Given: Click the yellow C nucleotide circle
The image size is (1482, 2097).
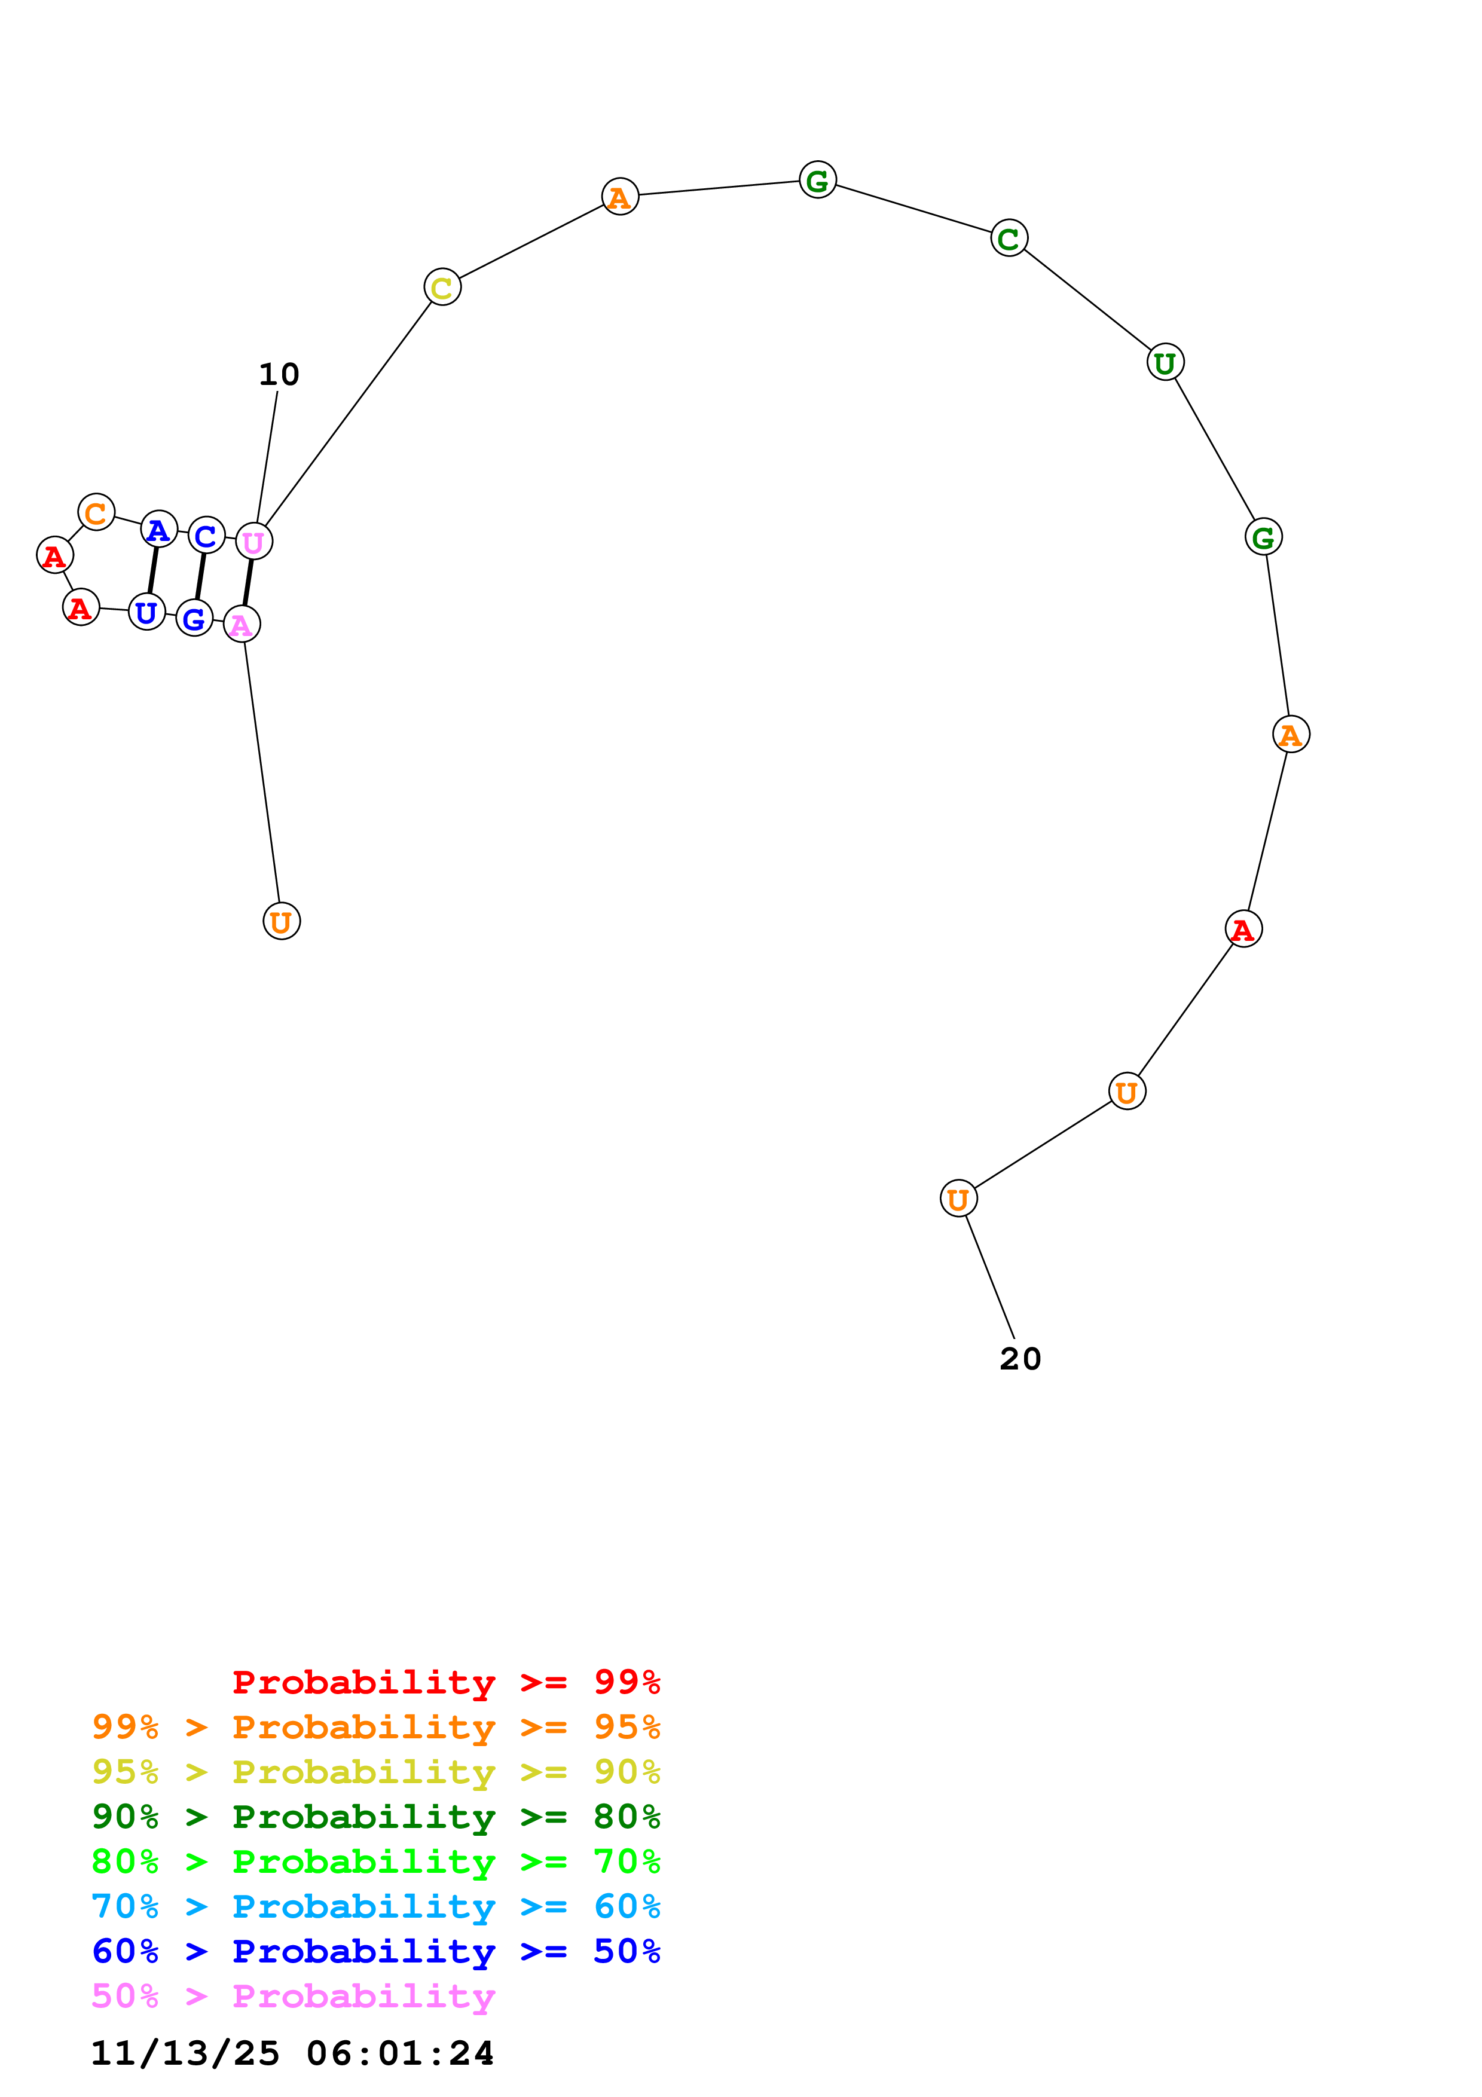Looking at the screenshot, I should coord(442,288).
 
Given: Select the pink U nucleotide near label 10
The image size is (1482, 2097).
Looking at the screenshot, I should coord(254,542).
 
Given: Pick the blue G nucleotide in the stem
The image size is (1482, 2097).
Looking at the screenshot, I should coord(194,618).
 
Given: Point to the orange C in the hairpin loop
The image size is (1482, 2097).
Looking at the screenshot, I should coord(96,512).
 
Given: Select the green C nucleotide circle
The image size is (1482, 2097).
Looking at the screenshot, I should coord(1009,239).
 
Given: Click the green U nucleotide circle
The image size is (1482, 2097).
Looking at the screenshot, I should coord(1165,363).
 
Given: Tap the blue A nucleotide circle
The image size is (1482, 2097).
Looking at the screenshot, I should coord(159,529).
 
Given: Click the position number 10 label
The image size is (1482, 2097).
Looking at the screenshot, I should coord(279,374).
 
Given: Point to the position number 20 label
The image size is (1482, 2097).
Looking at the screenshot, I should coord(1020,1359).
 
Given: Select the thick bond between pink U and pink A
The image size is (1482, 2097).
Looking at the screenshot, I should coord(248,583).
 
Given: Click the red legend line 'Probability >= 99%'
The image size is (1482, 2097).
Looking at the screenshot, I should coord(445,1682).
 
